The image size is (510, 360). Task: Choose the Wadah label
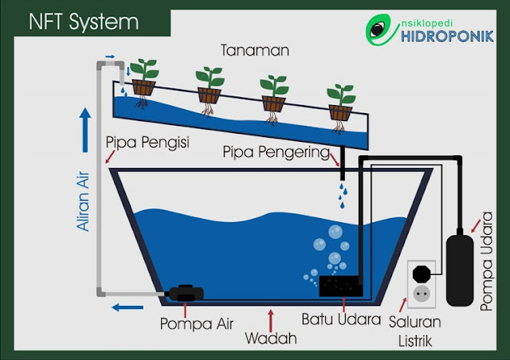click(271, 338)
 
